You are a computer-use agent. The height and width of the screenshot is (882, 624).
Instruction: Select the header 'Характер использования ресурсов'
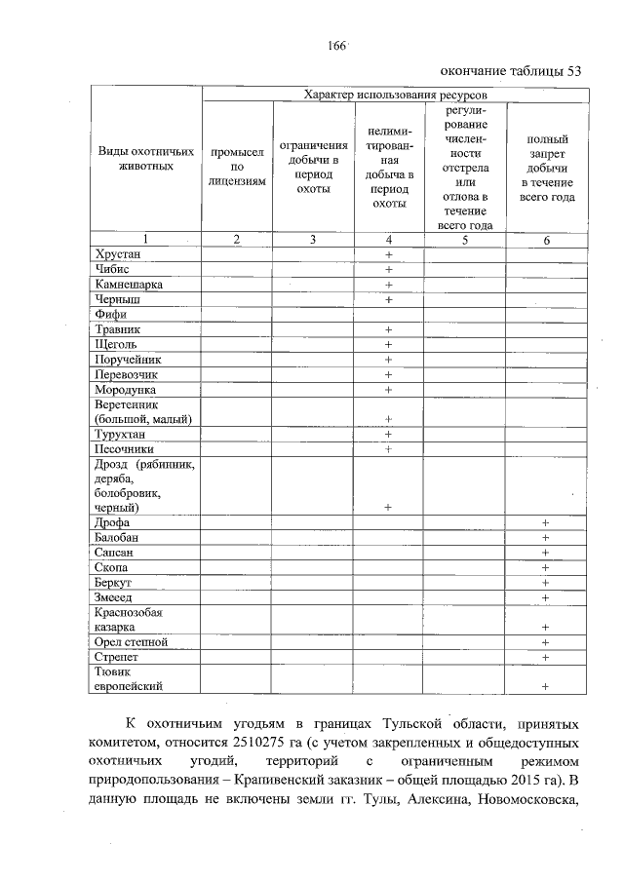395,95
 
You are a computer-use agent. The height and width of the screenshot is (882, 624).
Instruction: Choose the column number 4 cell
388,239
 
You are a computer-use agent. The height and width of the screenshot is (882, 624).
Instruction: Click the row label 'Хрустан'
118,253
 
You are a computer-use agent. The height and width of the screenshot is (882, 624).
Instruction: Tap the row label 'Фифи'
108,314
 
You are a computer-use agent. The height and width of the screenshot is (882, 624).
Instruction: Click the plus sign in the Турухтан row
388,434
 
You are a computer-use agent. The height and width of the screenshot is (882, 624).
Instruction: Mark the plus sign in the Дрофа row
546,523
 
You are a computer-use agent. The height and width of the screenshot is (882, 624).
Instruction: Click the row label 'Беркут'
113,582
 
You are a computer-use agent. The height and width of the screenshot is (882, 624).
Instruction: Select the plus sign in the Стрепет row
546,658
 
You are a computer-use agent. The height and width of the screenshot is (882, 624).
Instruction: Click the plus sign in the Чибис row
388,269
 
